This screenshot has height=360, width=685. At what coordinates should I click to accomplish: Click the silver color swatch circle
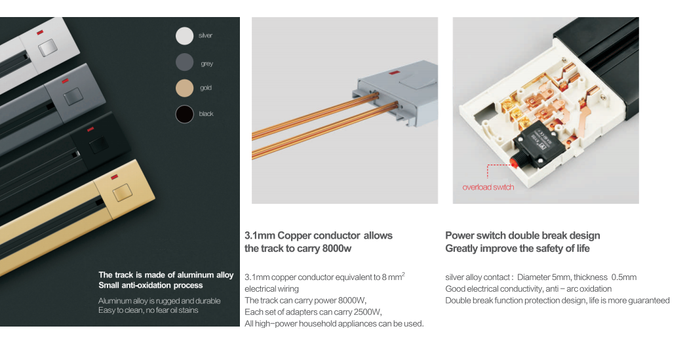(185, 36)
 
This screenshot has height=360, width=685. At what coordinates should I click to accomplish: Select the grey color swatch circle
(185, 62)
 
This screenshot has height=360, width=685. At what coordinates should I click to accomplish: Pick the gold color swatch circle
(185, 88)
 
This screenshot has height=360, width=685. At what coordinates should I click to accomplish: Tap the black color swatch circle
(185, 114)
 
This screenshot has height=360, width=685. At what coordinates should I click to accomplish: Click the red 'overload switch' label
(488, 188)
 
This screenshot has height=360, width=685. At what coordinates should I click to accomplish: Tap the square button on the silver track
(47, 49)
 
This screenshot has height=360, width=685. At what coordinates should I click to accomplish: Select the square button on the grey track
(71, 99)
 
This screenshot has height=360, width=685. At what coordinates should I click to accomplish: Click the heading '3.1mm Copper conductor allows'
(319, 235)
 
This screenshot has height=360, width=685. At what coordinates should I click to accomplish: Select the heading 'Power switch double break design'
(522, 235)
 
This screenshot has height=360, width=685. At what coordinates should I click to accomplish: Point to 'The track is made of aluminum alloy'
(166, 275)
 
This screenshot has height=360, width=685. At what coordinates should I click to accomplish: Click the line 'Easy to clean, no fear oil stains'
(148, 310)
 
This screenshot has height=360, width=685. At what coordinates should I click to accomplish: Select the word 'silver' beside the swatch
(205, 35)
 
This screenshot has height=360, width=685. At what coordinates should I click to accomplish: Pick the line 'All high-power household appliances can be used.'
(334, 323)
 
